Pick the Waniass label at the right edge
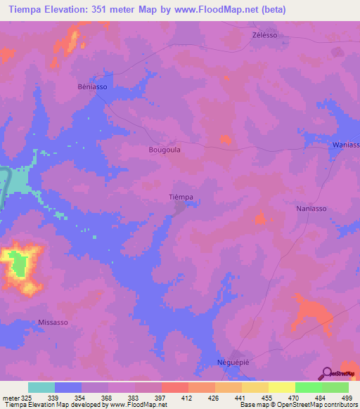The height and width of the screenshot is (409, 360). (x=345, y=145)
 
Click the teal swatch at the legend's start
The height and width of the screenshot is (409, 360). (x=41, y=387)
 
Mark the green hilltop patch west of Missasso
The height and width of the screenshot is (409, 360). (x=19, y=265)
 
